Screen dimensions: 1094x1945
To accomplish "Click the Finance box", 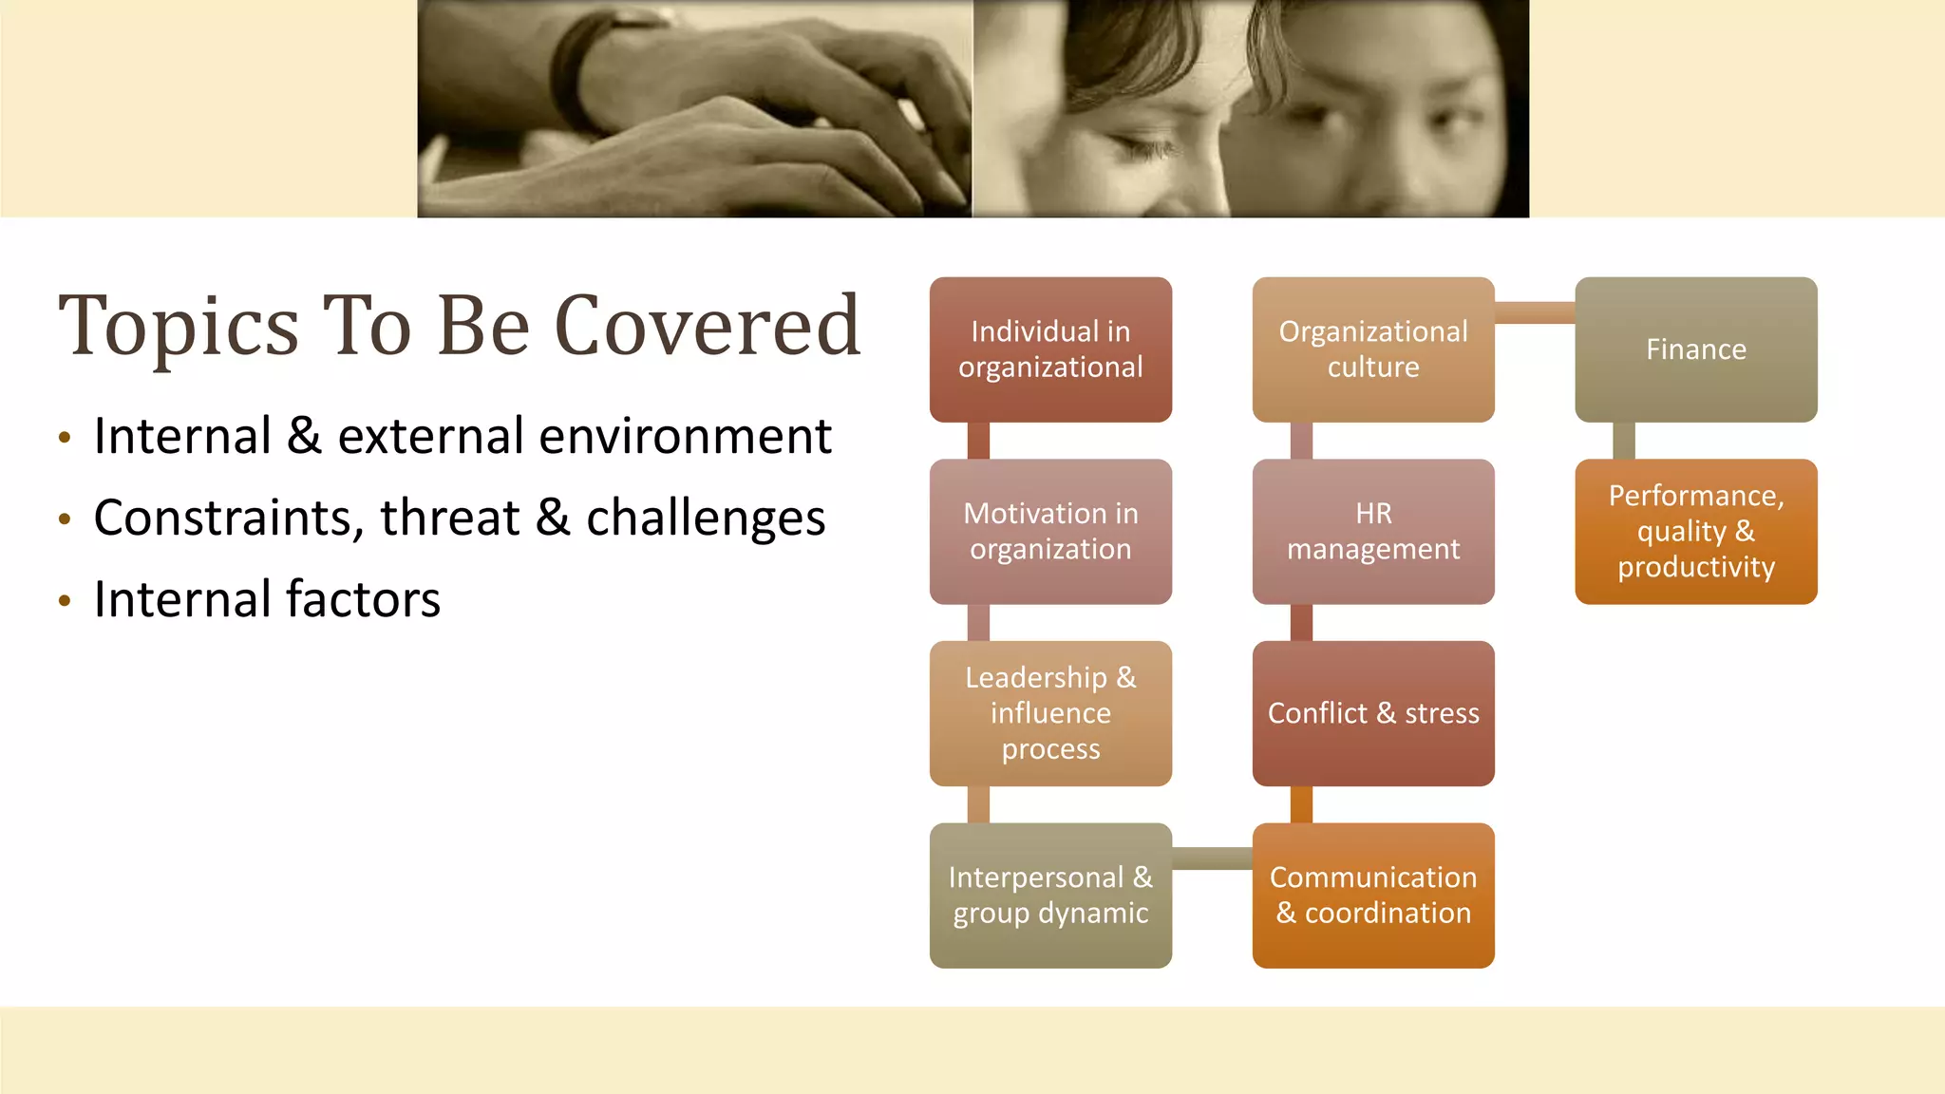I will pos(1695,349).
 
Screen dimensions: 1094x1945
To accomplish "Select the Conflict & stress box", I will pos(1373,713).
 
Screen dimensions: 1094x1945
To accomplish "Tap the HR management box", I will pos(1373,531).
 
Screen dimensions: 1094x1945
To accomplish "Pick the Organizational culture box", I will pos(1373,349).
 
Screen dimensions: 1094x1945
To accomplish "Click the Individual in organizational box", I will pos(1050,349).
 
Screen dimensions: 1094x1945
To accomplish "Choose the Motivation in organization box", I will pos(1050,531).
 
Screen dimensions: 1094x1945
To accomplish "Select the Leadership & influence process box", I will pos(1050,713).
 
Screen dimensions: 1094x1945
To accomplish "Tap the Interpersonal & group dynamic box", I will pos(1050,896).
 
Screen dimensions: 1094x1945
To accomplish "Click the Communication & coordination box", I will pos(1373,896).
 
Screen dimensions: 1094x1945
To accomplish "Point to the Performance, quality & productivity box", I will pos(1695,531).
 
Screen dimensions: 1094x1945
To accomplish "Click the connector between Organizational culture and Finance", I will pos(1535,312).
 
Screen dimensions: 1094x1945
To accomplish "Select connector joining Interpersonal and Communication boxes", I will pos(1212,858).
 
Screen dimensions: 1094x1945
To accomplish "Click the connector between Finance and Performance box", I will pos(1624,441).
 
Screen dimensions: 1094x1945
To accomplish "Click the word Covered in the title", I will pos(708,326).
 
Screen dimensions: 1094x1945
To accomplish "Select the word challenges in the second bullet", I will pos(706,519).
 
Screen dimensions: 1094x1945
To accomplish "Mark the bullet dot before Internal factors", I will pos(65,600).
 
